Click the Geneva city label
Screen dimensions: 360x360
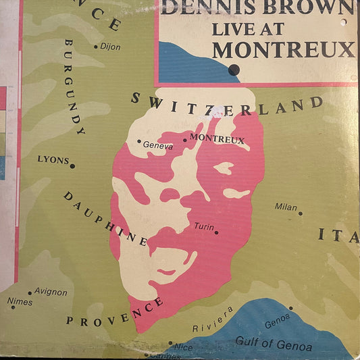click(x=158, y=145)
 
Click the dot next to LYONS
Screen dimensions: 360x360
click(x=73, y=166)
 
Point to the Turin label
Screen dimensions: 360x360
click(x=203, y=226)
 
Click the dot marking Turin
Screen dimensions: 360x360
click(x=216, y=232)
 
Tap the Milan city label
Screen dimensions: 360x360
click(x=286, y=207)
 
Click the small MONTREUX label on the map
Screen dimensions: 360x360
click(x=217, y=140)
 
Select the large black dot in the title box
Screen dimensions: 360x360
click(x=234, y=69)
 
